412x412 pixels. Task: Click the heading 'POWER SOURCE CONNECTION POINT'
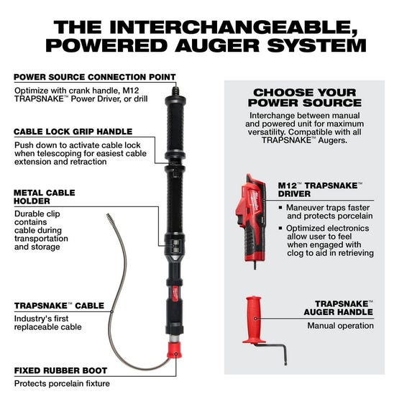pos(94,77)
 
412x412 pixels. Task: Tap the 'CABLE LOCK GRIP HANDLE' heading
pos(73,132)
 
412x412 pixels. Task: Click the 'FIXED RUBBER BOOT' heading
pos(60,370)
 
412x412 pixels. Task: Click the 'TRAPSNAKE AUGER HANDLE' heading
pos(344,308)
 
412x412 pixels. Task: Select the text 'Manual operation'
pos(340,326)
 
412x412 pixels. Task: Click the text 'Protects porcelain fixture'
pos(62,383)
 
